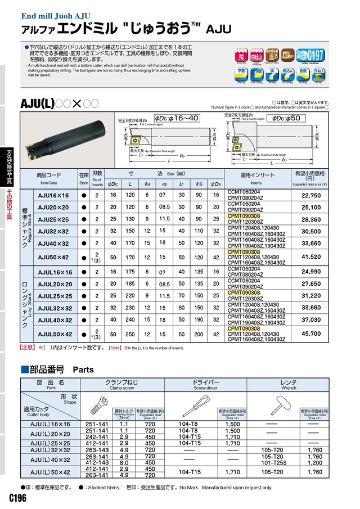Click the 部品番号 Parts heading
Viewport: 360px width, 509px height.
coord(58,370)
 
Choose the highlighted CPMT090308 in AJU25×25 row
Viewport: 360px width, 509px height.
coord(244,215)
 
